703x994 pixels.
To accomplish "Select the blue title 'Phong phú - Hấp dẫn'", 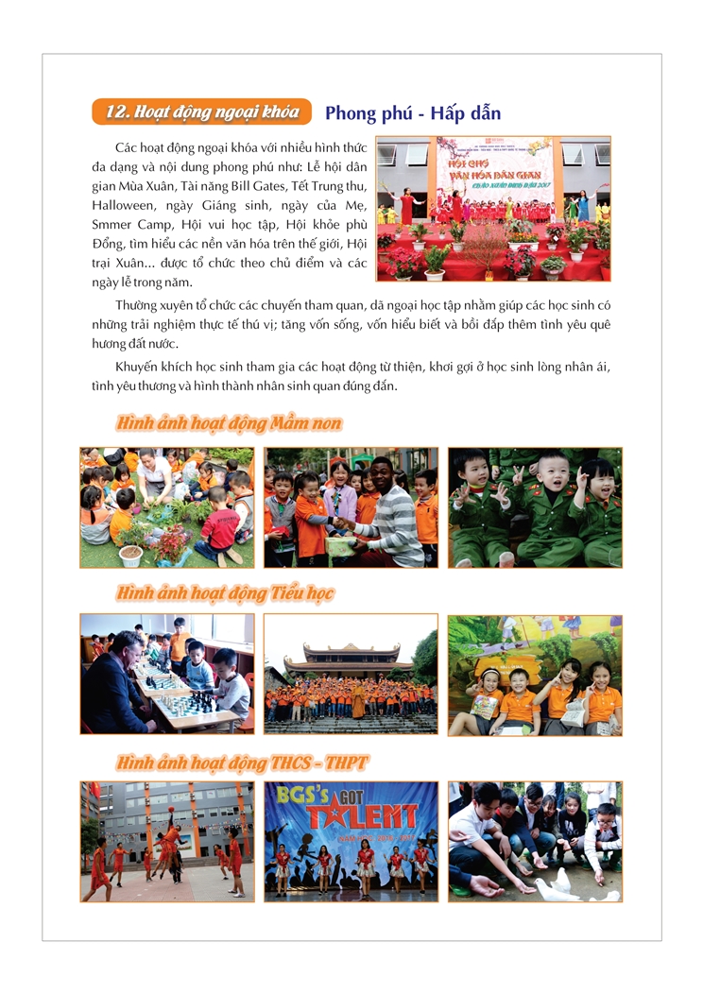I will (412, 113).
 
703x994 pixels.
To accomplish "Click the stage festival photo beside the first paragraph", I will (492, 209).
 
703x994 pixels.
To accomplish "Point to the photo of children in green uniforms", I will (534, 507).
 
